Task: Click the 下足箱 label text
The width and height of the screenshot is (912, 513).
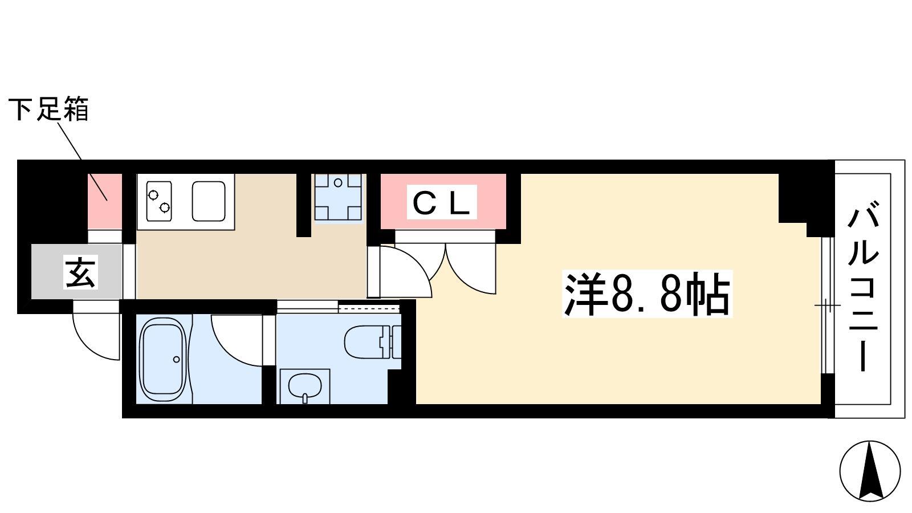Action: pos(48,109)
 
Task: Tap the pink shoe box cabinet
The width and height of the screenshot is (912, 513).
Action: pos(105,201)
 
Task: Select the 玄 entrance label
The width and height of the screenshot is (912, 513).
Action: pos(80,272)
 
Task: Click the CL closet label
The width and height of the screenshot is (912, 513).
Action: pos(442,202)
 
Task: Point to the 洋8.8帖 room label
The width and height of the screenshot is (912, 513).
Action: pos(647,294)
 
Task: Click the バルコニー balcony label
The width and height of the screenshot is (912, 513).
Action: pos(863,289)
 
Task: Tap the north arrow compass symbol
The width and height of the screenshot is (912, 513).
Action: pos(870,471)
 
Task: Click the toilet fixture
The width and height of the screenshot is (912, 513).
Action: pos(373,341)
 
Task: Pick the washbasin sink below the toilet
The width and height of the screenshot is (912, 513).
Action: pos(304,387)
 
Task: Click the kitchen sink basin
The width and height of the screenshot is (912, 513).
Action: pos(209,201)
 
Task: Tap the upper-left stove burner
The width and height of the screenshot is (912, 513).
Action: pos(153,195)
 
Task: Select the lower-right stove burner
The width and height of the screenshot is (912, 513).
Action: pos(165,208)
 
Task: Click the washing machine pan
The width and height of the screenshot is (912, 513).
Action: pos(338,197)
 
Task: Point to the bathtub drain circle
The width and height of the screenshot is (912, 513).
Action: pos(176,360)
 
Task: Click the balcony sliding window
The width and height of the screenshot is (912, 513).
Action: pos(827,305)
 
